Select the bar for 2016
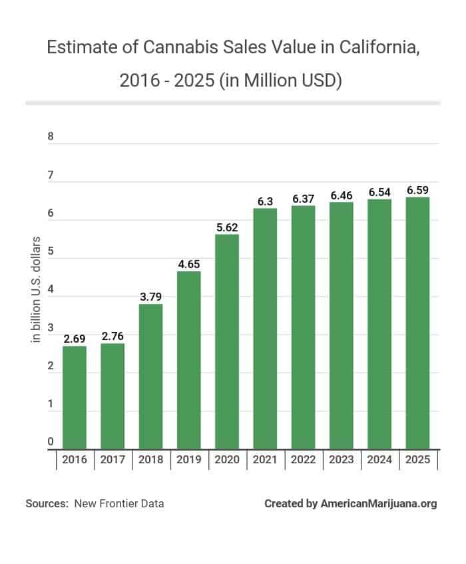click(x=75, y=397)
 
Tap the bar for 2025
click(x=417, y=323)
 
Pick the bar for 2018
click(x=150, y=377)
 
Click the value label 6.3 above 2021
click(x=265, y=201)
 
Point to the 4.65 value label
click(x=188, y=263)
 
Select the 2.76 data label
click(x=113, y=336)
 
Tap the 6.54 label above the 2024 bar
click(x=379, y=191)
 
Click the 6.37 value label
click(x=303, y=198)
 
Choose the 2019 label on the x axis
click(x=188, y=460)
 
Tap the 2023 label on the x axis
click(x=341, y=460)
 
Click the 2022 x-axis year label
click(x=303, y=460)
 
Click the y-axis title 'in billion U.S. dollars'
click(x=37, y=289)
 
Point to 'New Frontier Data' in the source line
click(x=119, y=503)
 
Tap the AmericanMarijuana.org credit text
click(x=379, y=503)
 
